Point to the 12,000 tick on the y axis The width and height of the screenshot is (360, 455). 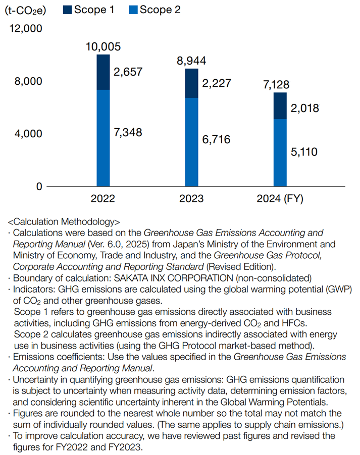[x=26, y=29]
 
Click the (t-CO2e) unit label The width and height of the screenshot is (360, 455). [x=25, y=10]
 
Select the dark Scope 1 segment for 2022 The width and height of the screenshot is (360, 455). [x=103, y=72]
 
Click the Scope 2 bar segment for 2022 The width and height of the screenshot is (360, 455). [x=103, y=138]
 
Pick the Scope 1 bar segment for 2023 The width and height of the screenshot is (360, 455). [x=191, y=83]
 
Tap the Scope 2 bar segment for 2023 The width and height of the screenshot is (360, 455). [x=191, y=142]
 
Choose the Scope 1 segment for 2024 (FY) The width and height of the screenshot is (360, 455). [x=280, y=106]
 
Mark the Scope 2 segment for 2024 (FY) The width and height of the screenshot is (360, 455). [x=280, y=152]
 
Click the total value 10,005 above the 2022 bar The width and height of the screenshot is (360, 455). [x=103, y=47]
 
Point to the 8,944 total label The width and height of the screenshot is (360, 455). [x=191, y=61]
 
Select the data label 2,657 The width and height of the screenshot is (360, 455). [x=128, y=72]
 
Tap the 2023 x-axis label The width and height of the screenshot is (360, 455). [x=191, y=199]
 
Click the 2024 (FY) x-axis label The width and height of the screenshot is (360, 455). [x=280, y=199]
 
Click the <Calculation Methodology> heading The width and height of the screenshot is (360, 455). [x=64, y=222]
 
